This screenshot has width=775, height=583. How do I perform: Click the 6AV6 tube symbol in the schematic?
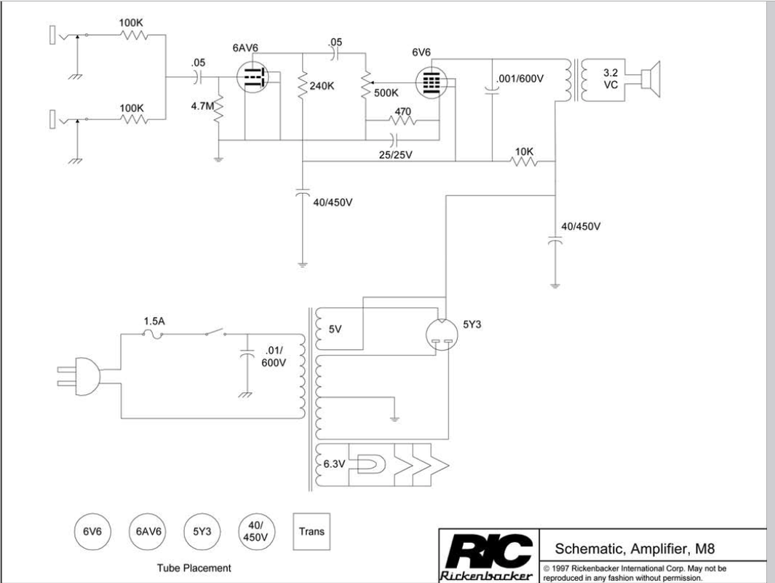(253, 74)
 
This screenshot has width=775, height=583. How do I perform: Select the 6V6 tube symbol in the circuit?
(432, 82)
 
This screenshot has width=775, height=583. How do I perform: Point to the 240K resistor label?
(322, 86)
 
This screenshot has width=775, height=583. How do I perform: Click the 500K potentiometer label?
(386, 93)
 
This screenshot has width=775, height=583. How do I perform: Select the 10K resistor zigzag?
(525, 162)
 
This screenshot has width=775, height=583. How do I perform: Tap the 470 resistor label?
(402, 111)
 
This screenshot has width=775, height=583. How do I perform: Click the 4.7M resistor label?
(203, 106)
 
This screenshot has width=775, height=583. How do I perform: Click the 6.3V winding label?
(334, 463)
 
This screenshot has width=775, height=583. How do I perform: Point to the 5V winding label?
(335, 329)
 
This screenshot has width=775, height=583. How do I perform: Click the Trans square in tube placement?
(311, 531)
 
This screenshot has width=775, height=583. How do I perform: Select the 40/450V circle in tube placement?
(255, 531)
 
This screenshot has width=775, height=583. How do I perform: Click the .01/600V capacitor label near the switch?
(274, 356)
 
